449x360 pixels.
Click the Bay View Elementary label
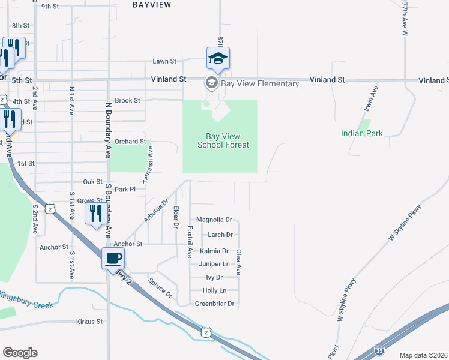[259, 83]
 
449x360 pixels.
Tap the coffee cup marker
[113, 259]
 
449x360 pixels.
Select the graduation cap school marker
[218, 59]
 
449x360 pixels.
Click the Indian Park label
[361, 133]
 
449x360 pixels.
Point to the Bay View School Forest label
[223, 140]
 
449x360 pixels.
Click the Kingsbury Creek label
[26, 300]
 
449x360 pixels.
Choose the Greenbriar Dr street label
[214, 304]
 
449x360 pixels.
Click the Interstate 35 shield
[379, 349]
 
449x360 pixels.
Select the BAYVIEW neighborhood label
[151, 5]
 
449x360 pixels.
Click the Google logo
[20, 353]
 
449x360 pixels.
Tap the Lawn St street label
[164, 61]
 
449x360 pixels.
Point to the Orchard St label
[130, 142]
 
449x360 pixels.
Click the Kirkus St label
[90, 322]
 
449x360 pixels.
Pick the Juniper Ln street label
[214, 264]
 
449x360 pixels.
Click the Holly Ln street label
[214, 290]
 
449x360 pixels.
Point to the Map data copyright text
[423, 355]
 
